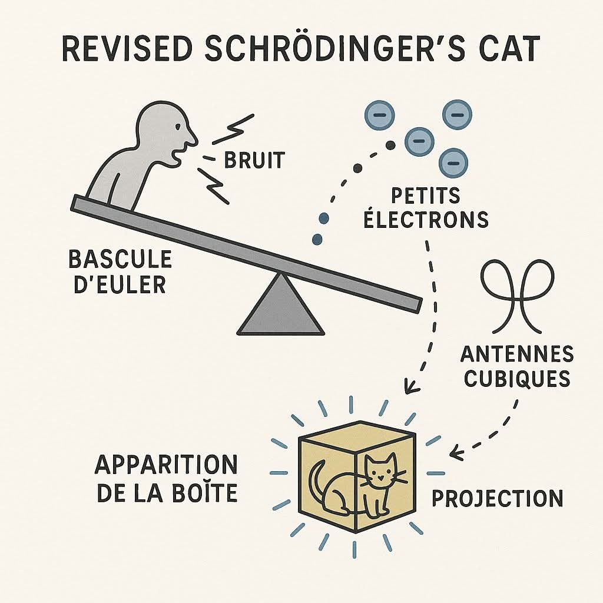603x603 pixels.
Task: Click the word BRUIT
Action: coord(254,160)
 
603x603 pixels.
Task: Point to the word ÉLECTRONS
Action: coord(426,218)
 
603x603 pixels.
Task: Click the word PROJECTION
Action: coord(498,498)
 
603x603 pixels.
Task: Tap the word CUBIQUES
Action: coord(517,379)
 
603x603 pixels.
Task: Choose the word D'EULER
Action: coord(120,284)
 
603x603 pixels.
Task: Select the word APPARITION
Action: coord(166,465)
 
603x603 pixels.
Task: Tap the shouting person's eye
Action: coord(177,127)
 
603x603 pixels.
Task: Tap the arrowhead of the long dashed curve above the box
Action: coord(410,386)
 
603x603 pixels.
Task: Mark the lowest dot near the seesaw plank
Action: coord(317,239)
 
